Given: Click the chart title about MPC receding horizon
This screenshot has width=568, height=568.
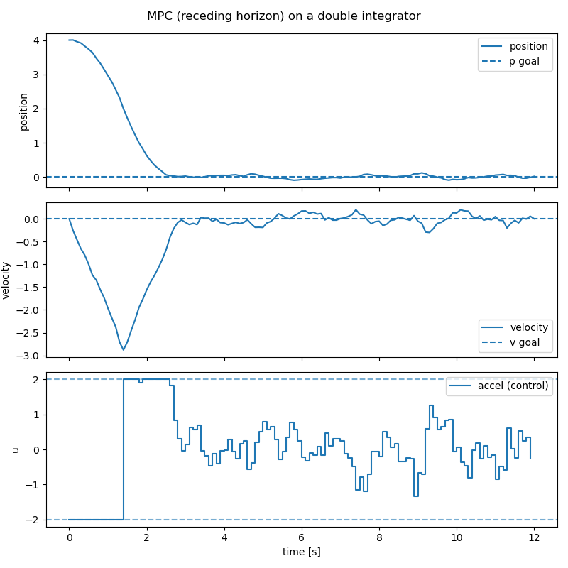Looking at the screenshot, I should pyautogui.click(x=283, y=16).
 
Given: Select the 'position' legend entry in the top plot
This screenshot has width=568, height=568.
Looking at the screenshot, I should pyautogui.click(x=529, y=46).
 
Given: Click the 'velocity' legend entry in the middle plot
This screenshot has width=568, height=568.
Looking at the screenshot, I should pyautogui.click(x=529, y=327).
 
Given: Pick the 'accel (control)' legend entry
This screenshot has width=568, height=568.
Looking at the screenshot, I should pyautogui.click(x=513, y=386).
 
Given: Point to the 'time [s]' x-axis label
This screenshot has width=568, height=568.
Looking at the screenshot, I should pyautogui.click(x=302, y=551).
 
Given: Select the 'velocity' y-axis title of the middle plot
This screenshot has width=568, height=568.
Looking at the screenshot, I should pyautogui.click(x=6, y=280).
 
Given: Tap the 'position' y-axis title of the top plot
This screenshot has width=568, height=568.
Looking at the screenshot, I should pyautogui.click(x=24, y=111).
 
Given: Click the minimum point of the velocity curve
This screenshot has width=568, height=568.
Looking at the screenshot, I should pyautogui.click(x=123, y=349).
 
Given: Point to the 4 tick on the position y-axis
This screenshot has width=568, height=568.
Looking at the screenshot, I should pyautogui.click(x=37, y=40).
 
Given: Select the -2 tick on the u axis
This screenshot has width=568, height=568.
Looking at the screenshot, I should pyautogui.click(x=33, y=520).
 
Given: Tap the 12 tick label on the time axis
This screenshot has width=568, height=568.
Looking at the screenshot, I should pyautogui.click(x=534, y=537).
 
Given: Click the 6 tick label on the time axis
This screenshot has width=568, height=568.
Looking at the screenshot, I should pyautogui.click(x=302, y=537).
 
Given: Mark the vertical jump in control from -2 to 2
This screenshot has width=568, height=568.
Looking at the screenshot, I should pyautogui.click(x=124, y=449).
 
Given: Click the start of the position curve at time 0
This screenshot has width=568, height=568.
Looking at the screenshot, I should pyautogui.click(x=70, y=40).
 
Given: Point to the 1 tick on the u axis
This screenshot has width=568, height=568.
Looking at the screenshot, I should pyautogui.click(x=37, y=415).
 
